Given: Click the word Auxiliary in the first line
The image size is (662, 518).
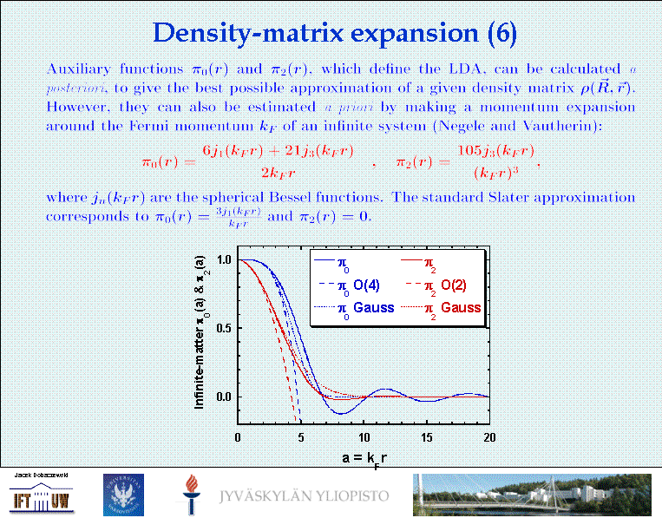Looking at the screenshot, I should tap(75, 69).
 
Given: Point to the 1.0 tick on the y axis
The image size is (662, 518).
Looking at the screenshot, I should tap(223, 259).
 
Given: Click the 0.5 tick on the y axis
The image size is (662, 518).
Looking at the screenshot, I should tap(223, 328).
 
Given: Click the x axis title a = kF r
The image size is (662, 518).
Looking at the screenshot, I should tap(364, 457).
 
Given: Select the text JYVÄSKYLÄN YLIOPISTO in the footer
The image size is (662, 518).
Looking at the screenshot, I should tap(304, 497).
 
